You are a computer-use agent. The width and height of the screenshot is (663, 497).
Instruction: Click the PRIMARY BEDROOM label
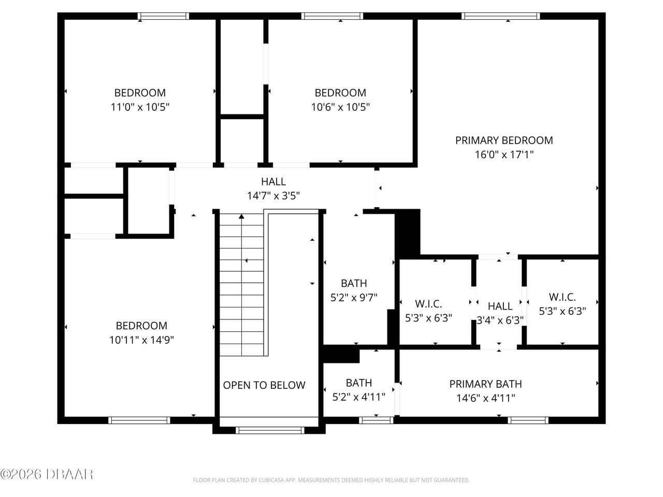(x=503, y=140)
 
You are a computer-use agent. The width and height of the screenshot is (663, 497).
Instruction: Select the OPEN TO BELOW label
(x=264, y=385)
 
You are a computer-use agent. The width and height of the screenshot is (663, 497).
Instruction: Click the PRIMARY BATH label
(x=485, y=384)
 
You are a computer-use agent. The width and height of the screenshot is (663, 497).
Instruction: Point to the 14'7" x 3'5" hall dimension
(x=273, y=196)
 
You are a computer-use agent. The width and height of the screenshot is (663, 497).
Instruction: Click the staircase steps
(x=241, y=285)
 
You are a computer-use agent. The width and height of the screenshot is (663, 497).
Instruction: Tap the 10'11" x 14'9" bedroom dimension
(x=141, y=340)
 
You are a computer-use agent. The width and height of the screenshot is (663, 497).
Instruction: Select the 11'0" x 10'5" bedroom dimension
(x=140, y=107)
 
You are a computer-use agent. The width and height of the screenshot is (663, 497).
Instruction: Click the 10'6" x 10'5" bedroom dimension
(x=340, y=107)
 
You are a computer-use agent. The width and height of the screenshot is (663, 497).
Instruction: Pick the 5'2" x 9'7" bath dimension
(x=354, y=298)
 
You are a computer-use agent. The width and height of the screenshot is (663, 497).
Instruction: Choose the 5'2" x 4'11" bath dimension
(x=358, y=398)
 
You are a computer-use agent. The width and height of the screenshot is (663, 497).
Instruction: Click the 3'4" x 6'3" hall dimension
(x=500, y=320)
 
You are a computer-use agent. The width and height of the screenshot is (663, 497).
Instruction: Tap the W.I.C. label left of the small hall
(x=428, y=304)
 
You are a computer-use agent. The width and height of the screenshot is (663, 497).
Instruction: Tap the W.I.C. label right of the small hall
(x=562, y=297)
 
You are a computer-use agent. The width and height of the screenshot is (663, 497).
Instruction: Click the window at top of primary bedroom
(x=501, y=16)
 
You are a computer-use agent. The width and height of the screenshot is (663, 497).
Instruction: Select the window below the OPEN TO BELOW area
(x=270, y=430)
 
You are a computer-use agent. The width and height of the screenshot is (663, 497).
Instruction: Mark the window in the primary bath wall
(x=528, y=420)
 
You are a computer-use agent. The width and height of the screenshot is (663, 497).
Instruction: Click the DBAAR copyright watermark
(x=47, y=474)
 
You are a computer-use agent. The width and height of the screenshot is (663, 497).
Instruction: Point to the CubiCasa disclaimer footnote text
(x=331, y=480)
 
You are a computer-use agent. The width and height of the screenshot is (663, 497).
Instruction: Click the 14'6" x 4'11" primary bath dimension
(x=485, y=398)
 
